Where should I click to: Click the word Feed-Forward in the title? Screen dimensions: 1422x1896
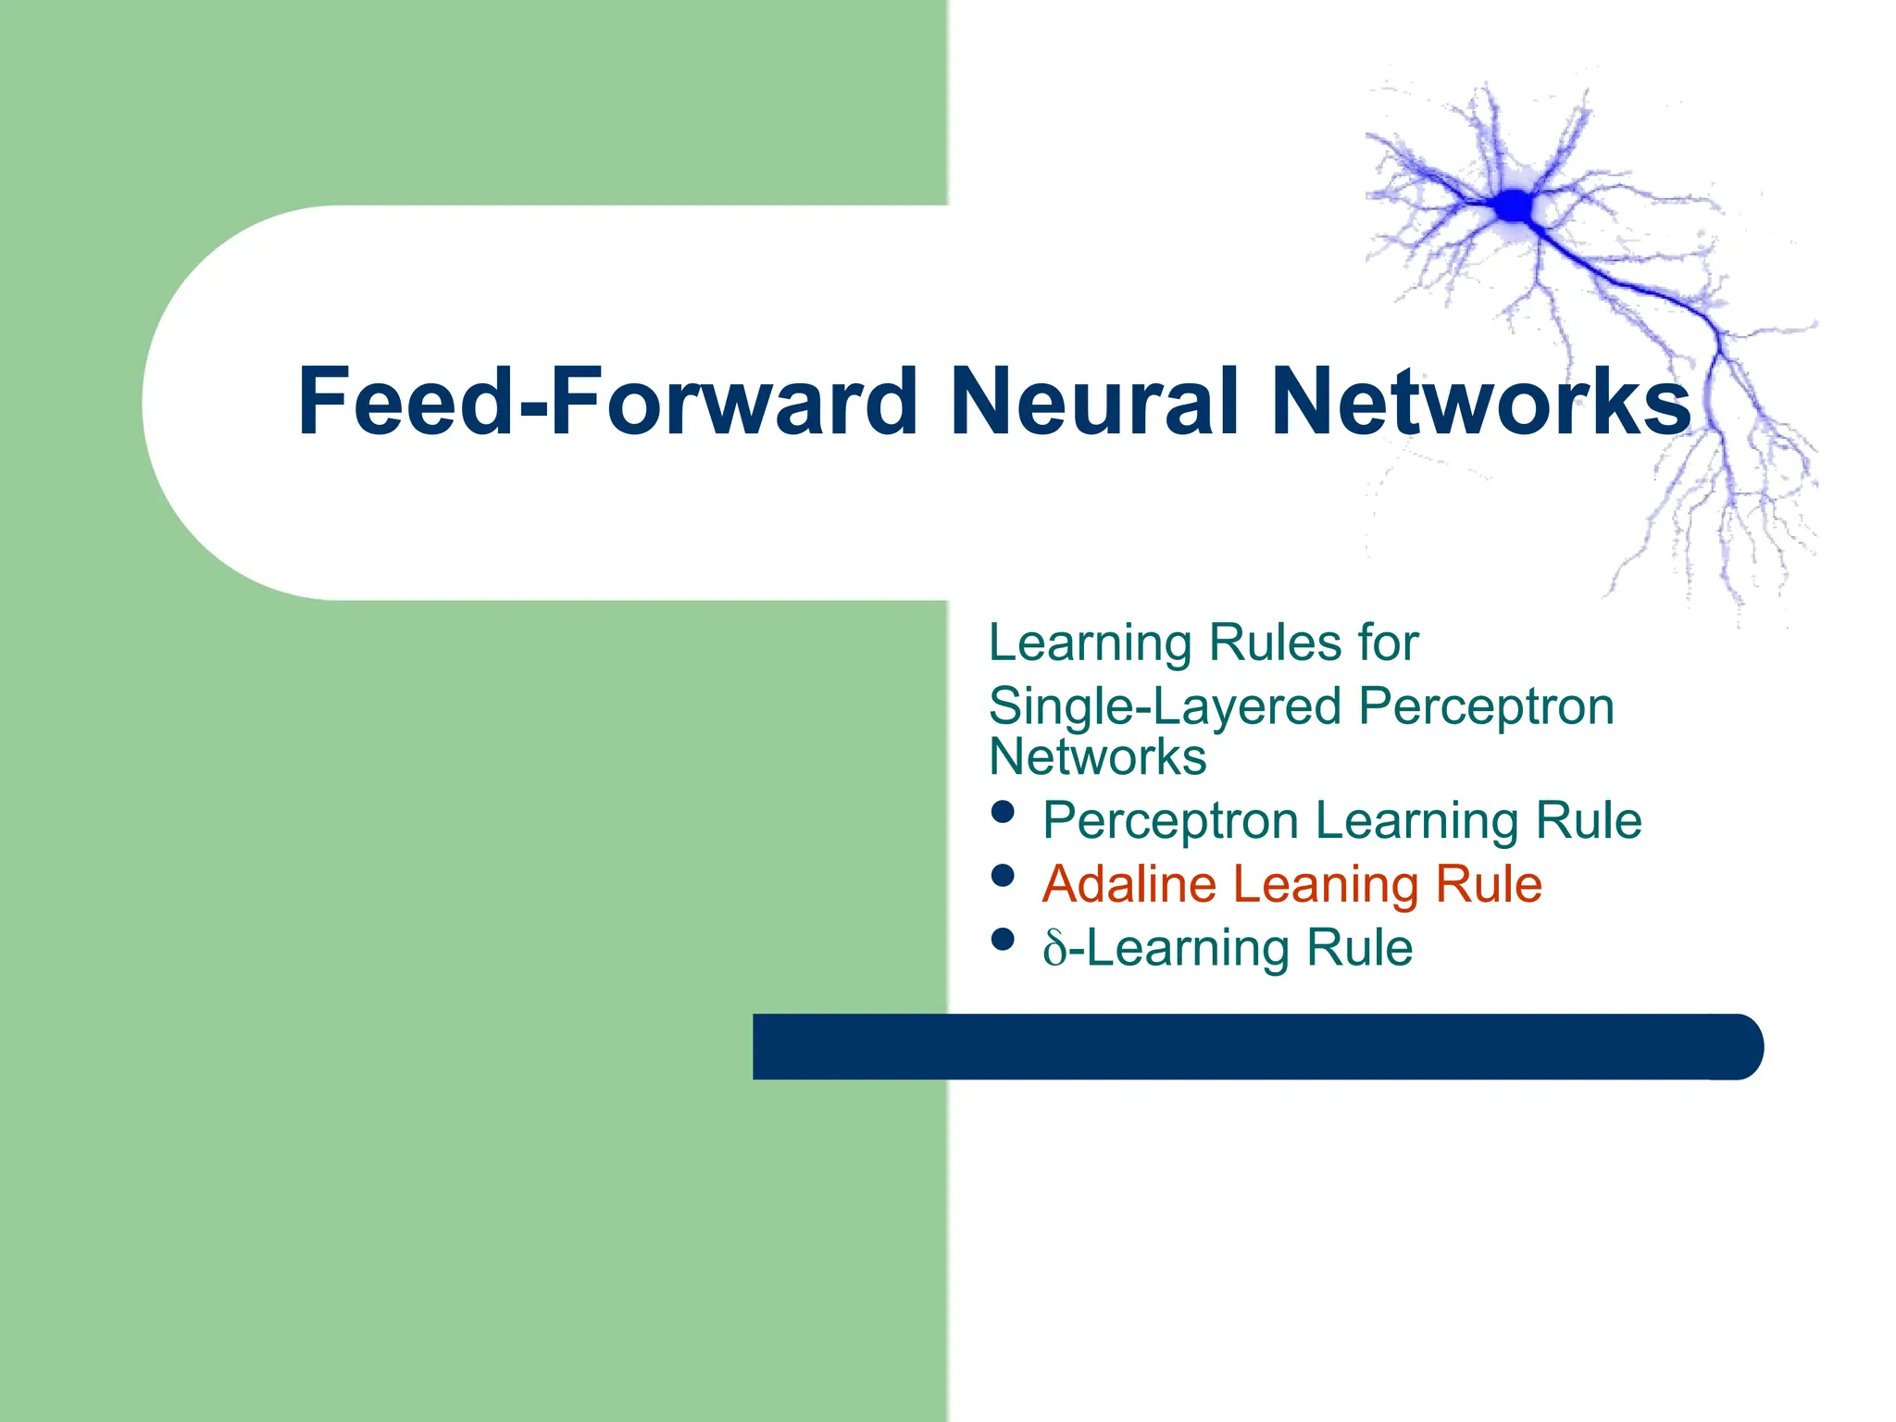click(x=606, y=401)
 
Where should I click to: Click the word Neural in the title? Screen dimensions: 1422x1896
click(x=1094, y=401)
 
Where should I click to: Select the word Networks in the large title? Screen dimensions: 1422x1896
click(x=1481, y=401)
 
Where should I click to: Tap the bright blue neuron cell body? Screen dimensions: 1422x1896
click(x=1515, y=206)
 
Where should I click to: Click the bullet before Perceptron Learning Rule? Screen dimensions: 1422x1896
click(x=1003, y=812)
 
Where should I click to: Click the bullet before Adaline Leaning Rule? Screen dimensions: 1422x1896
click(x=1003, y=876)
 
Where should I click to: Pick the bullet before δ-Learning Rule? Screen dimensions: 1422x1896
click(x=1003, y=940)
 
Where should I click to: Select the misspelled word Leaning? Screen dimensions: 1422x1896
click(x=1325, y=885)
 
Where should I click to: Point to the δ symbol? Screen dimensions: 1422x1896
click(x=1055, y=948)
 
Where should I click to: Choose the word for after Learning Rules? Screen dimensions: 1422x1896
click(x=1389, y=642)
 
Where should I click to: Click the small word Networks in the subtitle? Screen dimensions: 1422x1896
click(x=1098, y=757)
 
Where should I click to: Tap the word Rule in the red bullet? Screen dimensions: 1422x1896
click(x=1489, y=883)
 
